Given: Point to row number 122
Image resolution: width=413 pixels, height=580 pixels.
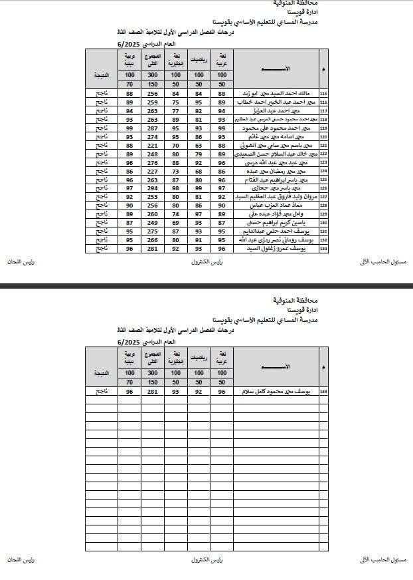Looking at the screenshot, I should (x=323, y=154).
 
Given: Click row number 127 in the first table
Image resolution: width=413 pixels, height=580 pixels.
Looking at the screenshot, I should (x=323, y=196).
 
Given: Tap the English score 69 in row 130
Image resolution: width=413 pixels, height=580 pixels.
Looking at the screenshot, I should (x=176, y=222).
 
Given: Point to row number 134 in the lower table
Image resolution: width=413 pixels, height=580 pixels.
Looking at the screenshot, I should (x=323, y=392).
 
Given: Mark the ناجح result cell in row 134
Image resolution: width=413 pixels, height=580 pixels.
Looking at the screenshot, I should (x=102, y=392).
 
